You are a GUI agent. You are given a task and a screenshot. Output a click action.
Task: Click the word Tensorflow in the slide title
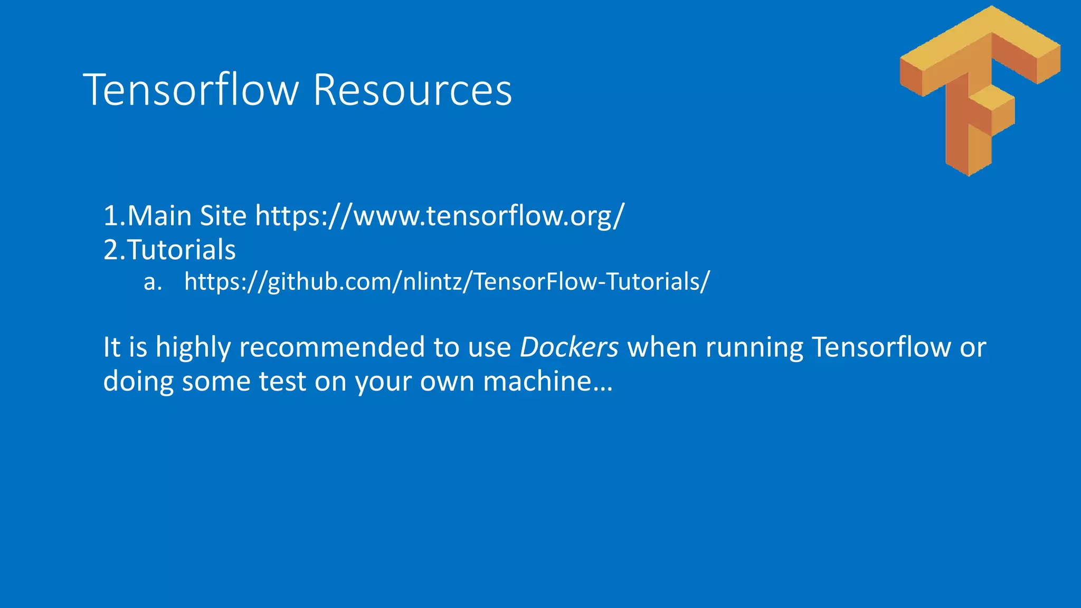pyautogui.click(x=191, y=90)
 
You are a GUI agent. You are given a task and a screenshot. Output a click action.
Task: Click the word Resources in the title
pyautogui.click(x=412, y=90)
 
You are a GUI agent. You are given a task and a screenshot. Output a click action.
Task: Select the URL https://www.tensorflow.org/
pyautogui.click(x=440, y=216)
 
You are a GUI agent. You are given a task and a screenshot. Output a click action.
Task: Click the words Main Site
pyautogui.click(x=187, y=216)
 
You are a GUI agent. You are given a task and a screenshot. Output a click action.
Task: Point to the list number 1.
pyautogui.click(x=111, y=216)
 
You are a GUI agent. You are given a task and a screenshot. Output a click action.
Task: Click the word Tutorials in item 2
pyautogui.click(x=181, y=250)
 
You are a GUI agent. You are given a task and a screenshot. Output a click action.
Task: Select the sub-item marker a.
pyautogui.click(x=152, y=282)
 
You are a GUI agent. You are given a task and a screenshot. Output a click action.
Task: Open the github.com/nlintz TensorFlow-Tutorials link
pyautogui.click(x=447, y=282)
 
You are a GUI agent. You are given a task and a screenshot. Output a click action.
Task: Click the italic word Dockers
pyautogui.click(x=569, y=347)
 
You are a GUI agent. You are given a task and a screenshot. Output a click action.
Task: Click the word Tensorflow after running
pyautogui.click(x=881, y=347)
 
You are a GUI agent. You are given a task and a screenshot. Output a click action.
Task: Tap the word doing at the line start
pyautogui.click(x=138, y=382)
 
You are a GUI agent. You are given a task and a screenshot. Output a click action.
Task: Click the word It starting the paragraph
pyautogui.click(x=112, y=347)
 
